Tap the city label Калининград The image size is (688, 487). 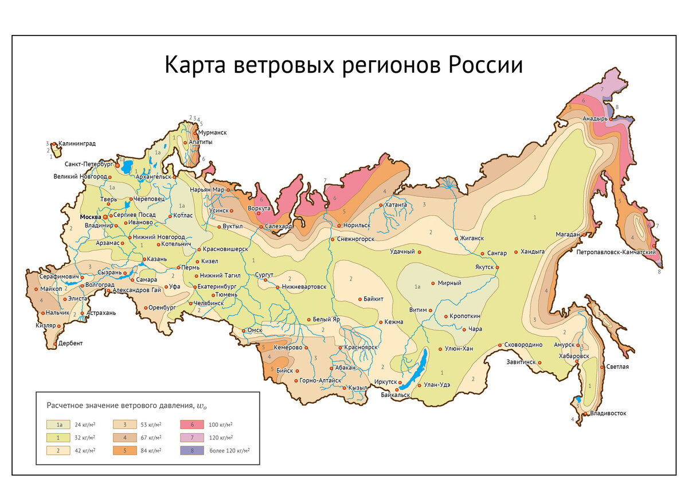pyautogui.click(x=77, y=143)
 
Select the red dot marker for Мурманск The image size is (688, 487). pyautogui.click(x=194, y=132)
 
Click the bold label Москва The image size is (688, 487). pyautogui.click(x=90, y=217)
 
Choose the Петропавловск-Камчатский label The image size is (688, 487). pyautogui.click(x=616, y=252)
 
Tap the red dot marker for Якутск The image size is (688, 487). pyautogui.click(x=497, y=267)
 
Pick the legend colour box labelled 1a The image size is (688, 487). pyautogui.click(x=55, y=424)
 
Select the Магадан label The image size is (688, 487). pyautogui.click(x=568, y=234)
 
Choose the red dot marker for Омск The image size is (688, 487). pyautogui.click(x=243, y=330)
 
